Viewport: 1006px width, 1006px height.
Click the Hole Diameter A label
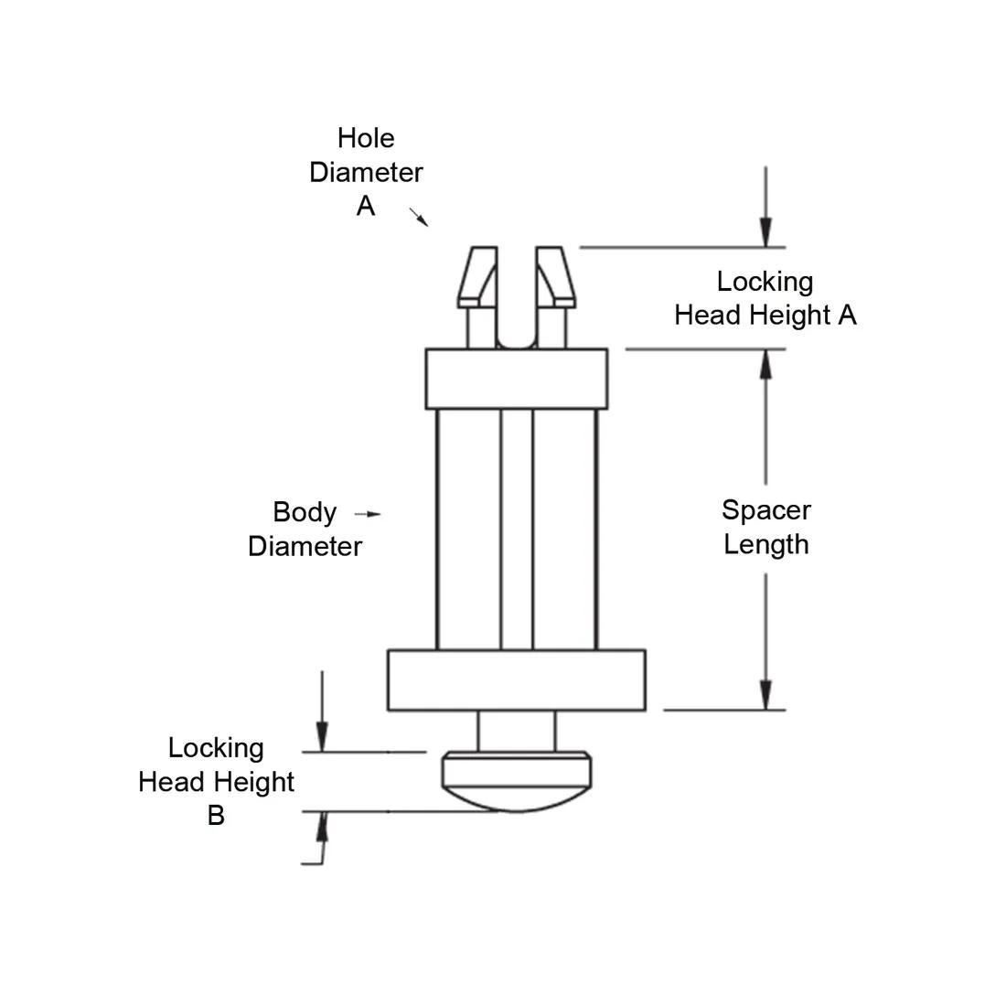[x=366, y=172]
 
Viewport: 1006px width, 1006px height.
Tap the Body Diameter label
[x=305, y=529]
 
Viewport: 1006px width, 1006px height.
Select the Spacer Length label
[x=765, y=527]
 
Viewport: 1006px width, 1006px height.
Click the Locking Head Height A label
[x=765, y=298]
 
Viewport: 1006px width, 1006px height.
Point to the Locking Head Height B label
[x=217, y=781]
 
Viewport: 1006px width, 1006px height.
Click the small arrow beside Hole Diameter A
[x=419, y=217]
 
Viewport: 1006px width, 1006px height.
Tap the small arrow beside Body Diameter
[x=369, y=514]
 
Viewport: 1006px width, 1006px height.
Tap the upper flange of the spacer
[x=517, y=378]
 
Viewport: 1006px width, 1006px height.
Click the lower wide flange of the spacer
[x=517, y=680]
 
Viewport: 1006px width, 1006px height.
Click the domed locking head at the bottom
[x=517, y=782]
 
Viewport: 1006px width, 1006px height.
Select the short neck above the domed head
[x=517, y=731]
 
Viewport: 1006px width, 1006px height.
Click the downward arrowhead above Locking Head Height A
[x=765, y=233]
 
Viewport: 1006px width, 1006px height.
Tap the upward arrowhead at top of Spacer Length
[x=765, y=364]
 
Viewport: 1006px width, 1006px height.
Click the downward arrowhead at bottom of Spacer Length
[x=765, y=695]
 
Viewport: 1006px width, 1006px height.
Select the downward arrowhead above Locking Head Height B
[x=321, y=737]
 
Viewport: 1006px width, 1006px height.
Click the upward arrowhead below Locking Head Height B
[x=321, y=827]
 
